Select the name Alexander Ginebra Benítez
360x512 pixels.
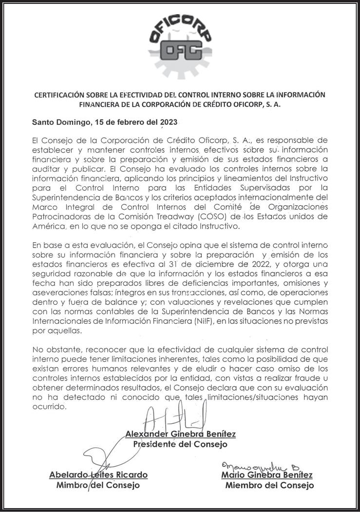tap(181, 434)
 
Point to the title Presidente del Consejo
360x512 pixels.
tap(180, 444)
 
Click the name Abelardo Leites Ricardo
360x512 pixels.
tap(98, 475)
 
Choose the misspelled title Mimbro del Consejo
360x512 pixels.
tap(98, 485)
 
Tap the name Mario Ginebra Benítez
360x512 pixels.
tap(266, 475)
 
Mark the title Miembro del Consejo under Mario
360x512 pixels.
tap(269, 485)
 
